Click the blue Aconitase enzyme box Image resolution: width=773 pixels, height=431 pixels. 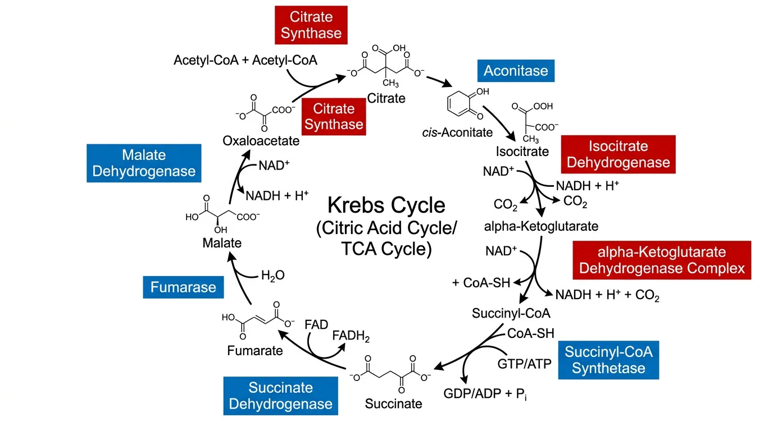click(516, 71)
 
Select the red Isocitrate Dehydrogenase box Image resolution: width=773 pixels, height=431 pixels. click(618, 154)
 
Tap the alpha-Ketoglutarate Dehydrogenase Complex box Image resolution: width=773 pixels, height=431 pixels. click(662, 260)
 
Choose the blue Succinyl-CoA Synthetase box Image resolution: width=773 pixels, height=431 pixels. click(608, 360)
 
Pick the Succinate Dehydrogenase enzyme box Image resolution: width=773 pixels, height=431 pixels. click(280, 396)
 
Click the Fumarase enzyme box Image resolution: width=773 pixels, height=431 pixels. click(183, 287)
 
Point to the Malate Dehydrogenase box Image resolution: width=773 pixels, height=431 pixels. click(144, 163)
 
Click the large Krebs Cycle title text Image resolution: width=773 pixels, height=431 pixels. click(386, 205)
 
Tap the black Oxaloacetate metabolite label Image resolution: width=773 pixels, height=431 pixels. click(261, 140)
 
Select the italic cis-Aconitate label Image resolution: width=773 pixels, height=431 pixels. click(457, 133)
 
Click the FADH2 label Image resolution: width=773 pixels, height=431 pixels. click(351, 336)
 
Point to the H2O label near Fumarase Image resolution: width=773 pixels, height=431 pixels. click(273, 276)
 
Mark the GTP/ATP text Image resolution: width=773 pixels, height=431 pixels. click(524, 363)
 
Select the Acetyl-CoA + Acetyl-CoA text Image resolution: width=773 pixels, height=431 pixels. click(245, 60)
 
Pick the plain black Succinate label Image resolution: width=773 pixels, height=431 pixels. click(393, 403)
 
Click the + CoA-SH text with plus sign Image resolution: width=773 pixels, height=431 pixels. click(481, 283)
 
